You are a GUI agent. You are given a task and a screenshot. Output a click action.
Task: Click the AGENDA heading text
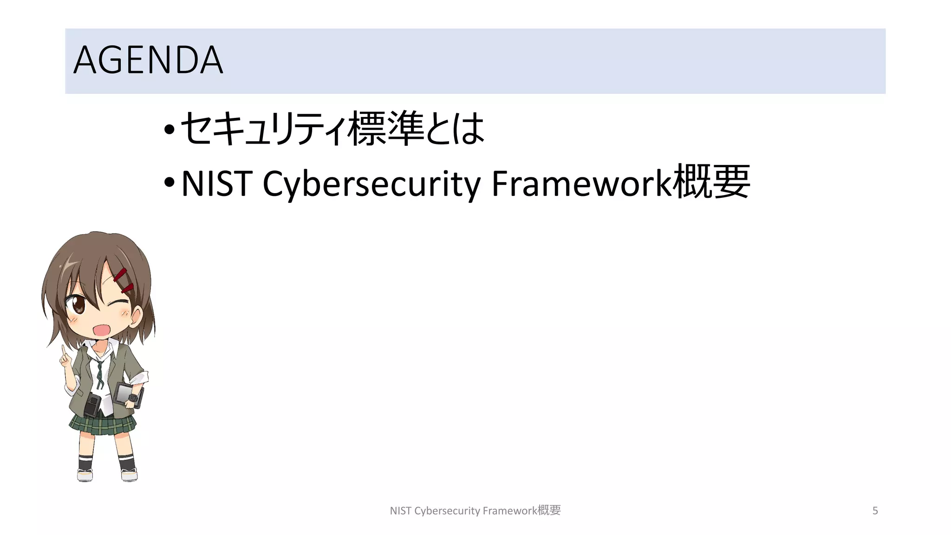click(148, 60)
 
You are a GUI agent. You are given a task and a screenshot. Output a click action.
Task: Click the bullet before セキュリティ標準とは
click(169, 129)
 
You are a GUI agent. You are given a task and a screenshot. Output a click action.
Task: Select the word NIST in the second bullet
click(216, 183)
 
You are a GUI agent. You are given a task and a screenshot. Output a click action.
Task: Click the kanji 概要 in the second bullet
click(711, 182)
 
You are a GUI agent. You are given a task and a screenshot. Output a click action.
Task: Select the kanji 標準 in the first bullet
click(386, 129)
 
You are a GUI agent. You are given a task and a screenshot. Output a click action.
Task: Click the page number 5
click(875, 511)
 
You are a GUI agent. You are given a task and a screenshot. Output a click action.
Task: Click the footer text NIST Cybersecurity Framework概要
click(475, 511)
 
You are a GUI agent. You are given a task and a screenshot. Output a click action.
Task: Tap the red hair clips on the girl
click(124, 280)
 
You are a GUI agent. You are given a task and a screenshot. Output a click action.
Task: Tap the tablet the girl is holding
click(126, 393)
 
